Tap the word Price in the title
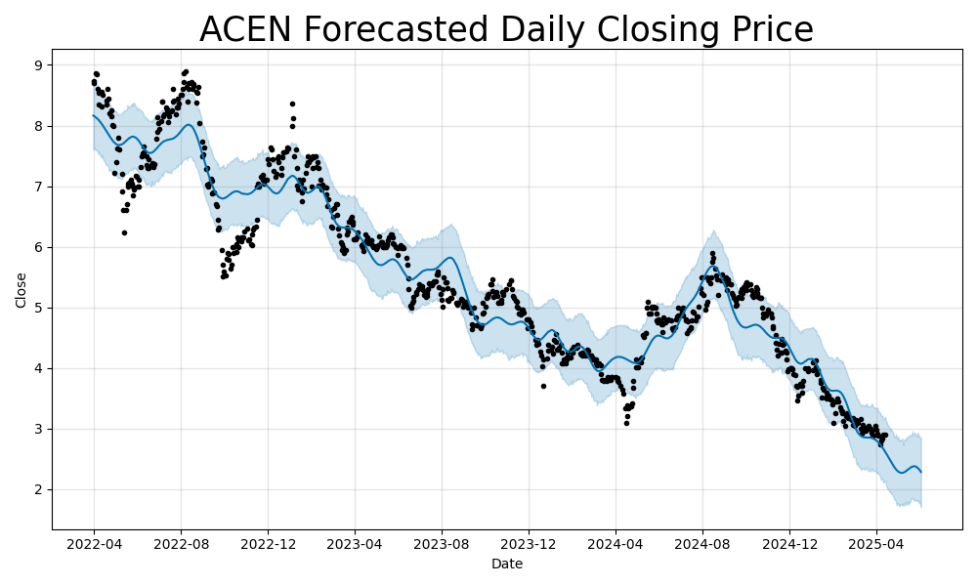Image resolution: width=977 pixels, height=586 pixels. point(765,30)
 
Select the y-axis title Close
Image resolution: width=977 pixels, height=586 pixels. point(21,290)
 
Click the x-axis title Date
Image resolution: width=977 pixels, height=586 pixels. point(506,564)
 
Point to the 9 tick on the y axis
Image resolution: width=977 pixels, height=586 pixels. point(39,65)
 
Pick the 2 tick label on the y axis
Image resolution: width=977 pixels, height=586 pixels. point(39,489)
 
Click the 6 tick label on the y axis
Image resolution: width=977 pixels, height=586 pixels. point(39,247)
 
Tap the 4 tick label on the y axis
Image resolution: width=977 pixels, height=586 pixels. point(39,368)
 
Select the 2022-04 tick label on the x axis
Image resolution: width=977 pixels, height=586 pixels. point(94,543)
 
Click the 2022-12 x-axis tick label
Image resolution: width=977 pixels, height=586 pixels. point(268,543)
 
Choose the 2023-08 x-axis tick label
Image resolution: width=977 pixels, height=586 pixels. point(441,543)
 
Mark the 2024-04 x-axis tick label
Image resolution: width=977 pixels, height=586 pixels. point(615,543)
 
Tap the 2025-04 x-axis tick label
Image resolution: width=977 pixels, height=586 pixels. point(875,543)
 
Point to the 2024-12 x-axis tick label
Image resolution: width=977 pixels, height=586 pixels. point(788,543)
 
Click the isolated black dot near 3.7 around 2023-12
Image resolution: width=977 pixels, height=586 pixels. point(543,386)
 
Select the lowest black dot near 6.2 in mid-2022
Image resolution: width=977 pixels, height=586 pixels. point(124,232)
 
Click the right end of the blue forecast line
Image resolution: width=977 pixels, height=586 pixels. point(920,472)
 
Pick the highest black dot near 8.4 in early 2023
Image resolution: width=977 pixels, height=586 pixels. point(292,104)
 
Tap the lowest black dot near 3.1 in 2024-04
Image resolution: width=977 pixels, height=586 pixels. point(626,423)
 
